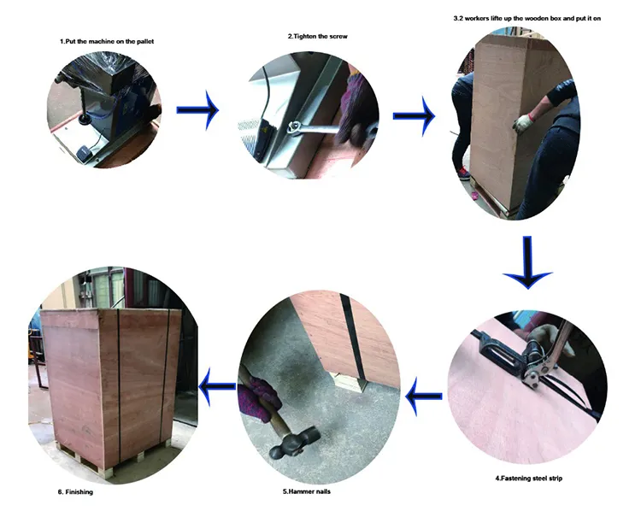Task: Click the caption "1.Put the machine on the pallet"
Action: click(x=107, y=41)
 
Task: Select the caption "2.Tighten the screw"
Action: click(x=317, y=37)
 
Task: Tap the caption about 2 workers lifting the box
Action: click(x=527, y=19)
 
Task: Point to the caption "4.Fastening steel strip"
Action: click(x=528, y=479)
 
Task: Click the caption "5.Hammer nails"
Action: click(x=307, y=491)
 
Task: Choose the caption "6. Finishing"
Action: click(x=75, y=491)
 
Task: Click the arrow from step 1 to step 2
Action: click(x=198, y=110)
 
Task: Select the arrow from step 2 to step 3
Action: click(x=415, y=116)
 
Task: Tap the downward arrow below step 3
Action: click(x=528, y=262)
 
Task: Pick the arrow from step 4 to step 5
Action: click(x=424, y=396)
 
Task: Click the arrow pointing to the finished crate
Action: click(x=217, y=386)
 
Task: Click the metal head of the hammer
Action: click(x=293, y=443)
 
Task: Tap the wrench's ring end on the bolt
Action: click(x=293, y=127)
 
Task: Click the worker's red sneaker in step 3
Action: click(x=463, y=173)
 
